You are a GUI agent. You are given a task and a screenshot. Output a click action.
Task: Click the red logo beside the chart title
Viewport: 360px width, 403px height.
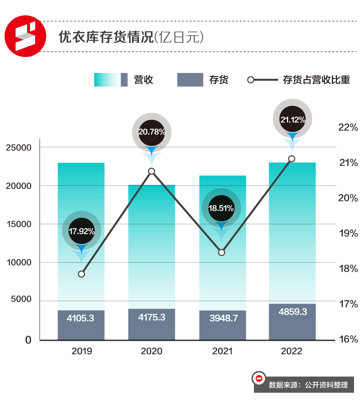tap(25, 36)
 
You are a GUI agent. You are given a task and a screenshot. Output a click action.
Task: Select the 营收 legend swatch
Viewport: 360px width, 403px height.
tap(111, 80)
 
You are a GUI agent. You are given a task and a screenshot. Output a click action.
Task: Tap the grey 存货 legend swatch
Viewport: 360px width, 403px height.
tap(190, 80)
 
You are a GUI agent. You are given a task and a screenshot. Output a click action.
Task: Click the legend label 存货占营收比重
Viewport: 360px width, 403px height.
tap(316, 80)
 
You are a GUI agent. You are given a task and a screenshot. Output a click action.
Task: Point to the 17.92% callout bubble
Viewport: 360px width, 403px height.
tap(82, 231)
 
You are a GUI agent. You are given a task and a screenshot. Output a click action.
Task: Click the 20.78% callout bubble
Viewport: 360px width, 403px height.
tap(152, 132)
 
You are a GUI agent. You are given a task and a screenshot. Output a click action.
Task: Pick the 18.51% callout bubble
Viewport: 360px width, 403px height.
tap(221, 208)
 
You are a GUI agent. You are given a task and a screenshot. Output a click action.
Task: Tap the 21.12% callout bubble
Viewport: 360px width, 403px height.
tap(292, 119)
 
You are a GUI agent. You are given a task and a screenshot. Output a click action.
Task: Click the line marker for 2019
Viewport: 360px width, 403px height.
tap(81, 274)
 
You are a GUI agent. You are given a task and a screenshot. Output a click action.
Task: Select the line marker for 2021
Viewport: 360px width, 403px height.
tap(222, 253)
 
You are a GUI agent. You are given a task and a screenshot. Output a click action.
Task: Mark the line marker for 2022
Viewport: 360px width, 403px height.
tap(292, 159)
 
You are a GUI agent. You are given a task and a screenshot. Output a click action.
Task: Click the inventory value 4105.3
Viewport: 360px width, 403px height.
tap(80, 318)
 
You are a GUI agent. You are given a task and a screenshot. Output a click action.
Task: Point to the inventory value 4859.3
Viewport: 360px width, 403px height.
tap(293, 312)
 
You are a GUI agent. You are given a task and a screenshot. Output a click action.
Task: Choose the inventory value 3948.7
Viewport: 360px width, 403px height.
tap(223, 318)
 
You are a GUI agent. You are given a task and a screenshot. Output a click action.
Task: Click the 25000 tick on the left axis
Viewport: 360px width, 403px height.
tap(19, 147)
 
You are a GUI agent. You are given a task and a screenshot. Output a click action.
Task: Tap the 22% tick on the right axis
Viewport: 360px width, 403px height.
tap(348, 127)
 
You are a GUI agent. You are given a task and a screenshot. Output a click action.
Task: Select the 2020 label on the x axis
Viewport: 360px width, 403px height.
tap(152, 351)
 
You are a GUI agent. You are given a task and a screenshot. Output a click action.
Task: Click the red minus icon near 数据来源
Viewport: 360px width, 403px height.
tap(259, 378)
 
